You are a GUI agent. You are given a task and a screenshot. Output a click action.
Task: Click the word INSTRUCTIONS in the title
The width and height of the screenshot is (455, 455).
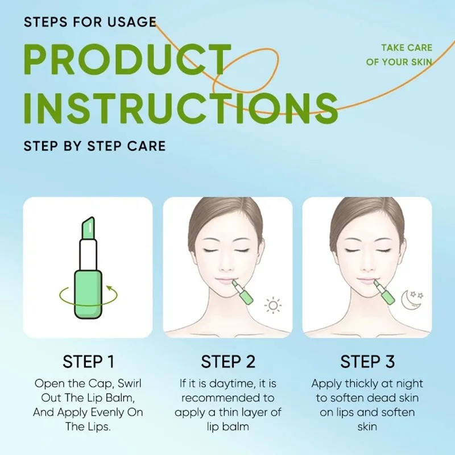pos(181,107)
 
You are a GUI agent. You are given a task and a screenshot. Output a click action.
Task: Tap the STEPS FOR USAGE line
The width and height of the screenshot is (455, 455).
pos(90,22)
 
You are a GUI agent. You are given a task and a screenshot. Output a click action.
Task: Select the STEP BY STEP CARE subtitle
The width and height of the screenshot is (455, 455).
pos(94,146)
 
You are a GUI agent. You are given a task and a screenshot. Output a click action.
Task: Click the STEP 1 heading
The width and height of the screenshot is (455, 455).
pos(88,362)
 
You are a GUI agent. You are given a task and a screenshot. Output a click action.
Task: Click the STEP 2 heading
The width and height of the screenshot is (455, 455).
pos(227,362)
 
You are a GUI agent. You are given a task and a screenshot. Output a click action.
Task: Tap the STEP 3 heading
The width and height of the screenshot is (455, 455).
pos(367,362)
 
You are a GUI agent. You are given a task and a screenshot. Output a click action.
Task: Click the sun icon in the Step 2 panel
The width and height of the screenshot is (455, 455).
pos(274,305)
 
